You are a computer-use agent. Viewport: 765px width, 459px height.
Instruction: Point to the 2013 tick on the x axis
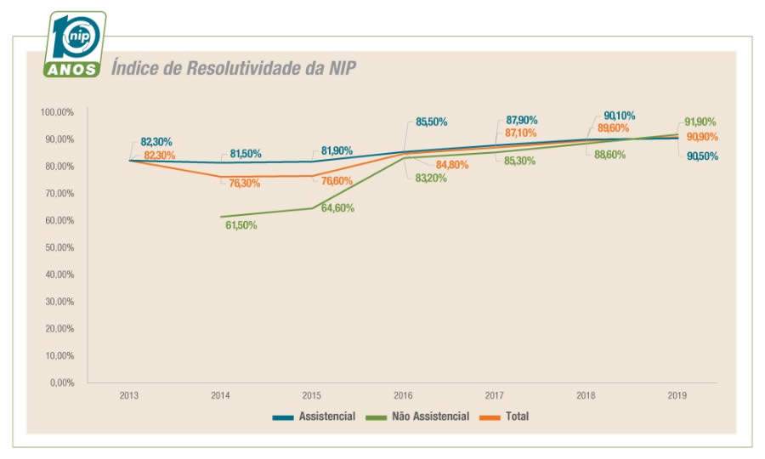pos(129,396)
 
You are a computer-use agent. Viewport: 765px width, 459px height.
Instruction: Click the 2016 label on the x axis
pos(404,396)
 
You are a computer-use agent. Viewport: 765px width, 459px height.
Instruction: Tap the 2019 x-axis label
pos(677,396)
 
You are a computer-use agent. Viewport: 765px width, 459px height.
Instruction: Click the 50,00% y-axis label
pos(60,247)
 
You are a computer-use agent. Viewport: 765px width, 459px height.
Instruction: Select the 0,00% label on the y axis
pos(62,382)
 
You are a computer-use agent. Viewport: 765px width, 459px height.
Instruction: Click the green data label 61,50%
pos(241,225)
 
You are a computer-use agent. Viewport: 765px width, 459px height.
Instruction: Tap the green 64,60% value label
pos(337,208)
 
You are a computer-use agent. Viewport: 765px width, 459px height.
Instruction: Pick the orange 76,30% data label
pos(245,184)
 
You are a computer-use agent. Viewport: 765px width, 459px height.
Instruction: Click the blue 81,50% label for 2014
pos(246,154)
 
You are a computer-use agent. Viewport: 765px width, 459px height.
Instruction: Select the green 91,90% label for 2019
pos(701,122)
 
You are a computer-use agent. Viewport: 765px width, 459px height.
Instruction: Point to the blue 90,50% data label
pos(701,156)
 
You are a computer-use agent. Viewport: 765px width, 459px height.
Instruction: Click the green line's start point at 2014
pos(221,217)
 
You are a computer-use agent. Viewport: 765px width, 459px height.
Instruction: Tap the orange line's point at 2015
pos(312,176)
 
